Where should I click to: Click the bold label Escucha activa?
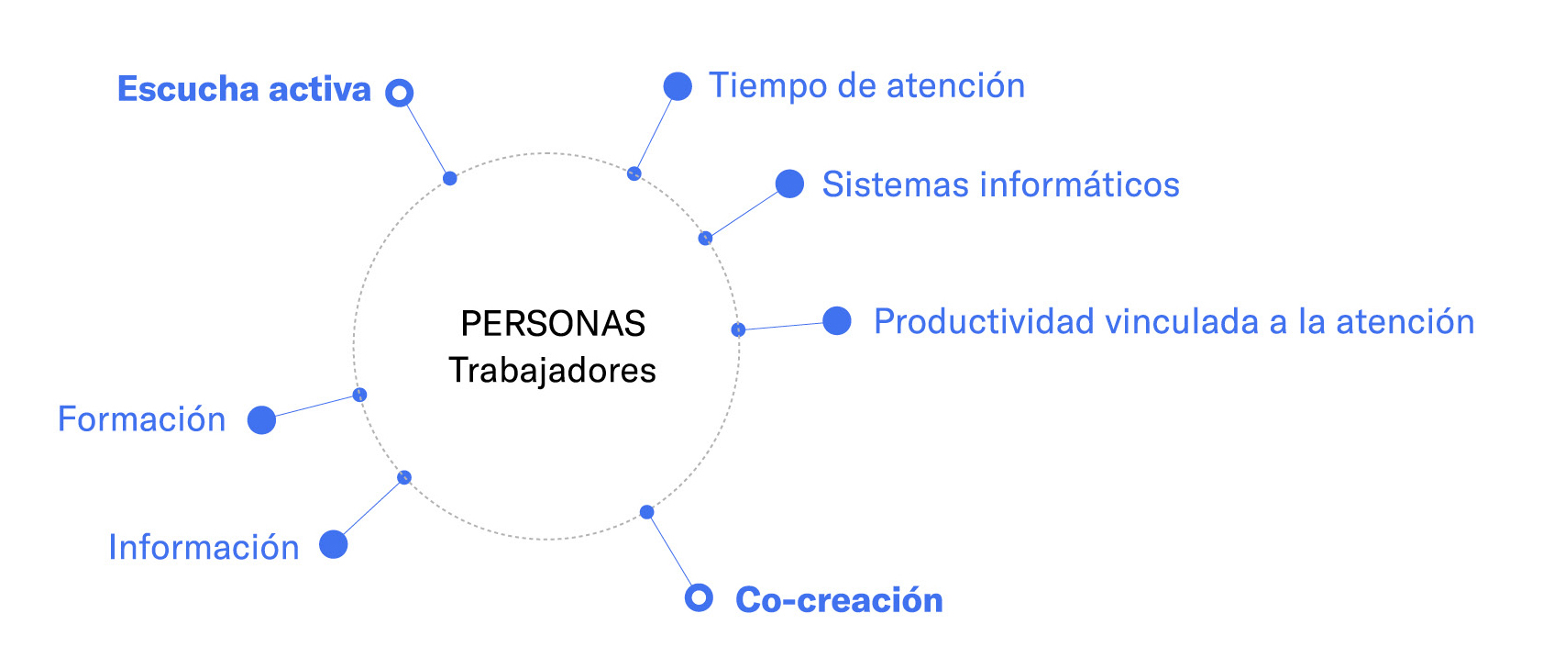coord(244,89)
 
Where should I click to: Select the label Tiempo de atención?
coord(866,85)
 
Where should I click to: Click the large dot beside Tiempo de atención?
coord(678,86)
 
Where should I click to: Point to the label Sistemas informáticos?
coord(1001,184)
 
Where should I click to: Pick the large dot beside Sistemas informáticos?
coord(789,184)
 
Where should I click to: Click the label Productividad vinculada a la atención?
coord(1174,321)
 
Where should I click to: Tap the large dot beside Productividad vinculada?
coord(837,320)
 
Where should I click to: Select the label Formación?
coord(141,419)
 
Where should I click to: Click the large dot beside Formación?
coord(262,420)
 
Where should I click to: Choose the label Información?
coord(204,548)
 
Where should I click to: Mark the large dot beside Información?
coord(334,545)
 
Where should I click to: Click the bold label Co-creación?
coord(839,600)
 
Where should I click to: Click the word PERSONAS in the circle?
coord(553,323)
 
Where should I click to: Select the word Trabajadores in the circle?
coord(553,371)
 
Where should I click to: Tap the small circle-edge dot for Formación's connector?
coord(359,395)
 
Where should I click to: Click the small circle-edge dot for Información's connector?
coord(404,477)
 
